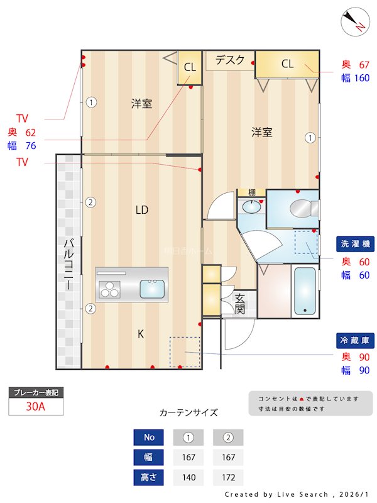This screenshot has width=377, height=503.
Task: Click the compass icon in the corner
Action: click(356, 22)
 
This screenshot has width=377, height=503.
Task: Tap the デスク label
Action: click(230, 60)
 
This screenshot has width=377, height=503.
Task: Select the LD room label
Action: click(142, 210)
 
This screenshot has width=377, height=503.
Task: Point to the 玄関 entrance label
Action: click(240, 304)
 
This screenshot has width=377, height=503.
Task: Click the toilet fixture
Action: click(303, 208)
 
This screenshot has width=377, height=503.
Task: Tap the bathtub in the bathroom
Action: click(305, 290)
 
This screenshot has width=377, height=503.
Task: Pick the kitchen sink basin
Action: click(153, 289)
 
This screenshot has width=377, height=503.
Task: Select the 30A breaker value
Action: click(36, 407)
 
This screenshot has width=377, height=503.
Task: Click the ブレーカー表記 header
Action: click(36, 393)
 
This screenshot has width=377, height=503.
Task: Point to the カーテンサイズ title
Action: click(188, 412)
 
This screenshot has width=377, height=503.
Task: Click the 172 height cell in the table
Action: click(228, 477)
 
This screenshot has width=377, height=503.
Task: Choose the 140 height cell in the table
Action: click(188, 477)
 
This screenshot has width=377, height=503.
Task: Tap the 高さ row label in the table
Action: click(149, 477)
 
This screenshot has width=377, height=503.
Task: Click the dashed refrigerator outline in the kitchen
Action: click(185, 352)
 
